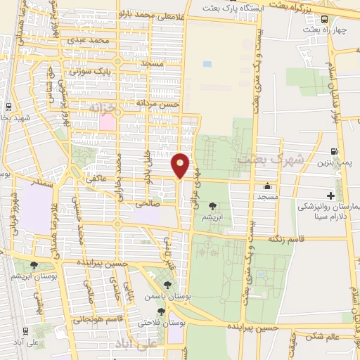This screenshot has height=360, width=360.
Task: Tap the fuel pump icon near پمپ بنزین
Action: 333,151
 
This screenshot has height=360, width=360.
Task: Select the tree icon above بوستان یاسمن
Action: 167,285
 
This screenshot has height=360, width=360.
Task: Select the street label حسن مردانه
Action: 159,103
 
